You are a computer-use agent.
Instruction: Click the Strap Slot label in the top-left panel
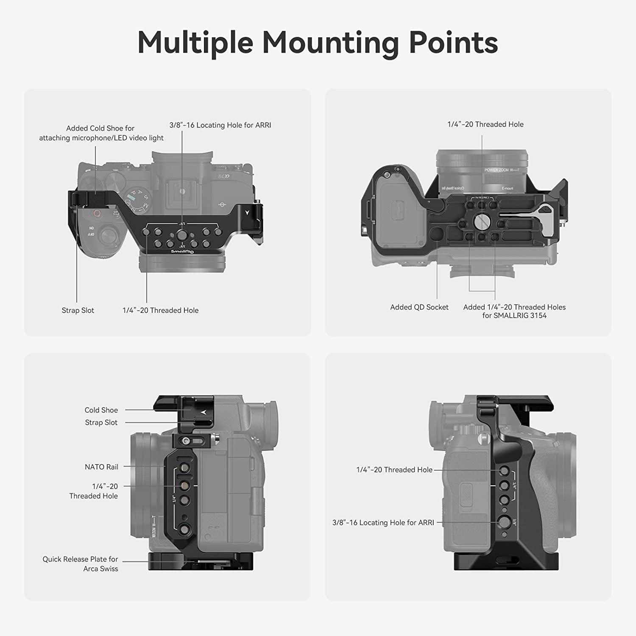pos(78,310)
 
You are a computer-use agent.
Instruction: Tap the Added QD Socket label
pos(419,307)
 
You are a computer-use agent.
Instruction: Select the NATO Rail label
pos(101,467)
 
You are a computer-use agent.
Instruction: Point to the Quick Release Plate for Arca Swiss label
pos(80,564)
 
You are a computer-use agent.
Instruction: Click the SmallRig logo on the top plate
pos(182,251)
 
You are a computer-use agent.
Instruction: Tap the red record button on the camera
pos(97,213)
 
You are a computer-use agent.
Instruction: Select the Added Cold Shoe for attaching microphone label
pos(101,133)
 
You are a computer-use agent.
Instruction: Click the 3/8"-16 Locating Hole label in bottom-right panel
pos(383,523)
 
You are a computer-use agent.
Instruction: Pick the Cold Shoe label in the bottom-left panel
pos(101,410)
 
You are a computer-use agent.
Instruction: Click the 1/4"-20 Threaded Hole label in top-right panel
pos(485,124)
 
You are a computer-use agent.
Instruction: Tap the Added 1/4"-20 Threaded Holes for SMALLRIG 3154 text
pos(514,311)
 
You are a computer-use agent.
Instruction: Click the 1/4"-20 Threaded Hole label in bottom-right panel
pos(394,470)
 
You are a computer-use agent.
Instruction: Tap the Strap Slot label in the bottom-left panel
pos(101,422)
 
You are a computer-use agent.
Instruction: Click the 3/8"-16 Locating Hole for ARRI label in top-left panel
pos(220,125)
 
